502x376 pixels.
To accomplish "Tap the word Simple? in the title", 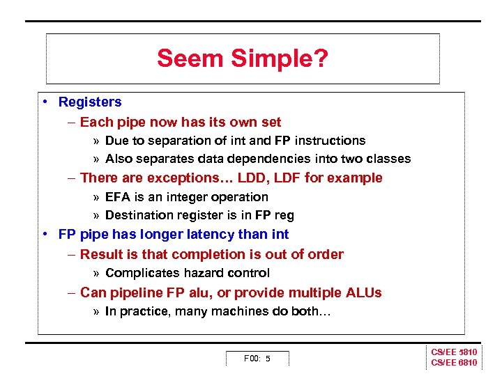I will pos(277,58).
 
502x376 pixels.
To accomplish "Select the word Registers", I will pos(90,102).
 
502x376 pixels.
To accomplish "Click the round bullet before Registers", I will pos(44,102).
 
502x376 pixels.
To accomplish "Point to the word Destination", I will pos(138,215).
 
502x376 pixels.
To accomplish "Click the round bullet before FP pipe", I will pos(44,235).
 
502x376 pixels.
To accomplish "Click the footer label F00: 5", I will pos(257,359).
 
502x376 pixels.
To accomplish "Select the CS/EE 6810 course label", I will pos(454,363).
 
